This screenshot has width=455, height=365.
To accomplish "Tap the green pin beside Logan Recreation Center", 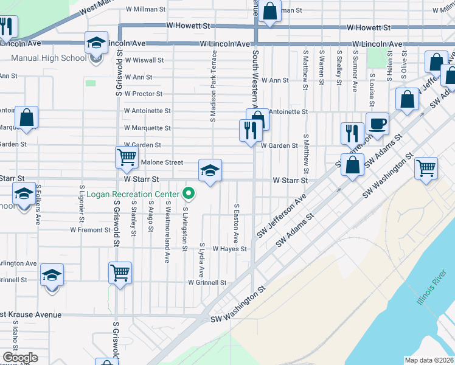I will coord(189,194).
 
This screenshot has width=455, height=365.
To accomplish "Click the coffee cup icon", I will coord(377,123).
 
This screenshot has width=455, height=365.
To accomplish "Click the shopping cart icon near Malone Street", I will coord(127,157).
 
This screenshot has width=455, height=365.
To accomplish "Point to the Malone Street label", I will coord(162,162).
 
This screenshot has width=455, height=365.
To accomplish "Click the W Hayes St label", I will coord(229,249).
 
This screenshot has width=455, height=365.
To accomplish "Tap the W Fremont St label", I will coord(89,230).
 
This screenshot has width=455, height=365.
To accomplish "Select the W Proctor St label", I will coord(143,94).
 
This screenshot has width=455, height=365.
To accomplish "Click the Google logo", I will coord(20,358).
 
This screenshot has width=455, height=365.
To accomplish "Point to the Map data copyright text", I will coord(429,360).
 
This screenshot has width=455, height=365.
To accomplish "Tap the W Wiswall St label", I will coord(144,60).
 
